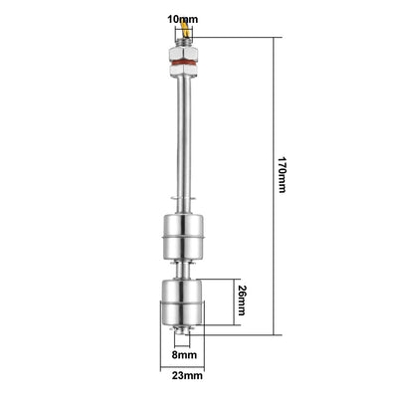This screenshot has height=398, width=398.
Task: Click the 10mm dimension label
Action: (x=183, y=19)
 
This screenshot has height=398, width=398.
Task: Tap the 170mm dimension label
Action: (x=282, y=174)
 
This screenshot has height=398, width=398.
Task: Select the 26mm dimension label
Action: (x=243, y=300)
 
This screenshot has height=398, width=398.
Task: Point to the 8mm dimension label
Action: (x=184, y=355)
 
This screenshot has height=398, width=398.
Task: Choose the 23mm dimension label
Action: (x=187, y=376)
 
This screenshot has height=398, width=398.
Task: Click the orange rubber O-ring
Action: (x=183, y=62)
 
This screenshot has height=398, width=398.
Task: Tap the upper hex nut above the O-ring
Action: (x=183, y=53)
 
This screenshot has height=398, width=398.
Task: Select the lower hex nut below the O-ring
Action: (x=183, y=69)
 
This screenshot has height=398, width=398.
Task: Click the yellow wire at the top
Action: (x=186, y=28)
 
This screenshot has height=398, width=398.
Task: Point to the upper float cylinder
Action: (x=183, y=237)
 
